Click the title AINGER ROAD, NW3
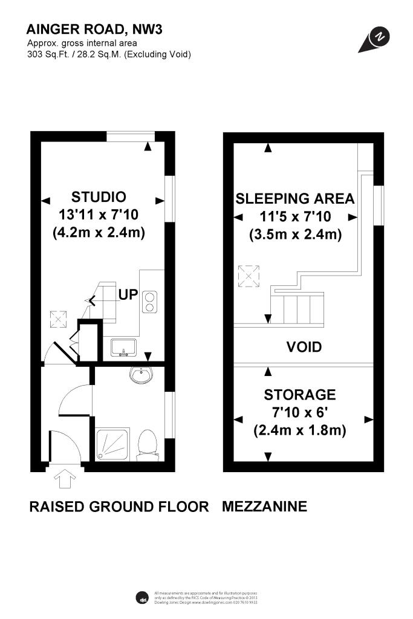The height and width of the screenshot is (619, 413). [x=94, y=29]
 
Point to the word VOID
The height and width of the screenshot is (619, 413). [x=303, y=347]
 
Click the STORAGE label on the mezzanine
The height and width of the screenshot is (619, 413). [x=299, y=395]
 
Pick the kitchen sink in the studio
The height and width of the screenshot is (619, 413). [x=124, y=347]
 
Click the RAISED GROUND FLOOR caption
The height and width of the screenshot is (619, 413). [x=119, y=507]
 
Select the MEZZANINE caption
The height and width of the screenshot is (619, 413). [x=264, y=507]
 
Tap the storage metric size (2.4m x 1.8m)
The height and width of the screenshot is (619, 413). [x=299, y=430]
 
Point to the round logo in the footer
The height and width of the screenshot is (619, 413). [x=141, y=597]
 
